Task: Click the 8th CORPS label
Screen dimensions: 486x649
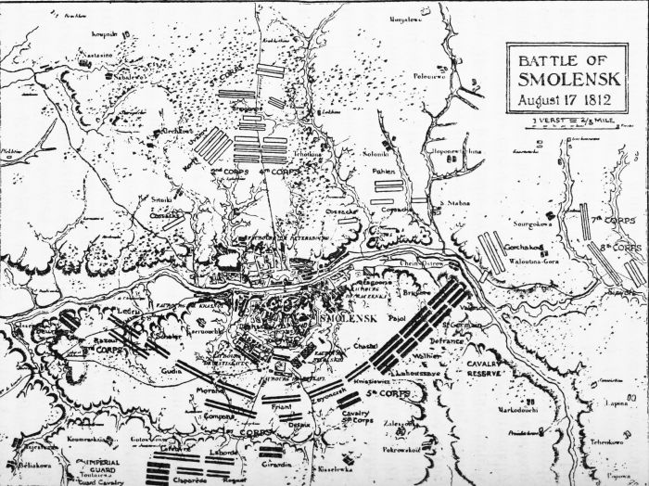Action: point(620,249)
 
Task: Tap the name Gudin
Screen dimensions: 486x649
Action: point(172,370)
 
